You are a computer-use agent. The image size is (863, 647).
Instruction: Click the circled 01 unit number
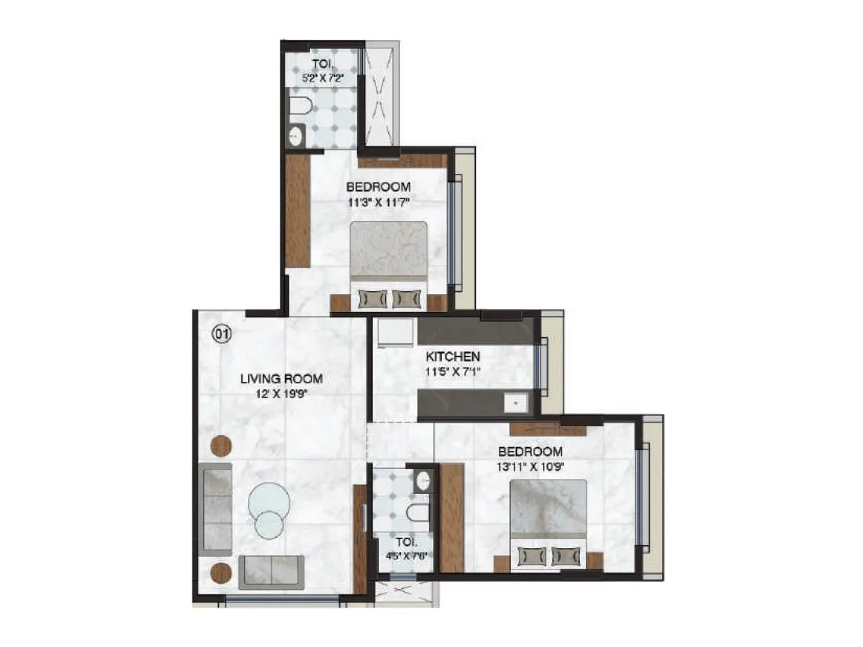(222, 335)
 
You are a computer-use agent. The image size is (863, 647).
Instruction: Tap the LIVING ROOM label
(281, 379)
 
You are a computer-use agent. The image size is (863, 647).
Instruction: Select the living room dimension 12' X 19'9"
(281, 394)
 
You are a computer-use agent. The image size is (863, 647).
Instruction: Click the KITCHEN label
(453, 356)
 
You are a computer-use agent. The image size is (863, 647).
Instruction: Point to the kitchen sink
(516, 403)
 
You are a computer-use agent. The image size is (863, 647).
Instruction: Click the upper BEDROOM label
(379, 187)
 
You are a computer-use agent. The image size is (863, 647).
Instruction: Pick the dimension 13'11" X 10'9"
(530, 467)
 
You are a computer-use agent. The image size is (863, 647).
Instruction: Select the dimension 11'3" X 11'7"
(379, 202)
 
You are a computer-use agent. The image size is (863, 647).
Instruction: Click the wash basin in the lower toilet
(424, 480)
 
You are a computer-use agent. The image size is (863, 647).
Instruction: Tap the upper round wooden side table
(221, 445)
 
